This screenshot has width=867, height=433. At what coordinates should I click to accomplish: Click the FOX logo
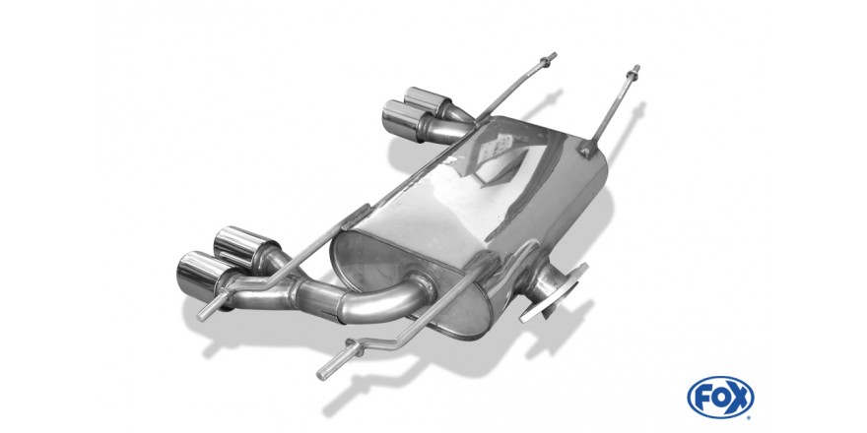(720, 398)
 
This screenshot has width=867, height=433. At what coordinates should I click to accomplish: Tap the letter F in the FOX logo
(701, 398)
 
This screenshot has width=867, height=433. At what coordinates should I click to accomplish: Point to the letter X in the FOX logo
(740, 398)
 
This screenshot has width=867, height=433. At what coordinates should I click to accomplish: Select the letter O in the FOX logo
(720, 398)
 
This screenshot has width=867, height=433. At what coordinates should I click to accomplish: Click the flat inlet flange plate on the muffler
(553, 293)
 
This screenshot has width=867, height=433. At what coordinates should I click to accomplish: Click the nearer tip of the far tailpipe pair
(405, 121)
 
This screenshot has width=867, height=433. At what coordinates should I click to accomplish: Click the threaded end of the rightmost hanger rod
(634, 73)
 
